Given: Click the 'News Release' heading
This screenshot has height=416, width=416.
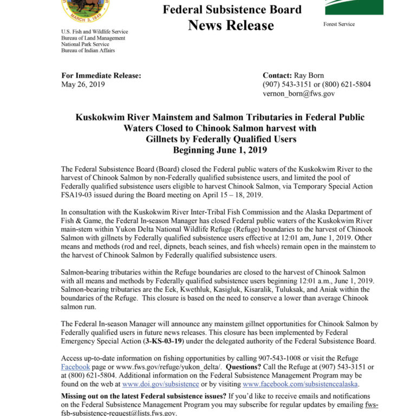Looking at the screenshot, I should pos(231,25).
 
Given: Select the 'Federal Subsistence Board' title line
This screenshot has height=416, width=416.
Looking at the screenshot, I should pos(232,9).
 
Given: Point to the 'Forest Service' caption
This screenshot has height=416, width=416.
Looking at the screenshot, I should pos(339,24).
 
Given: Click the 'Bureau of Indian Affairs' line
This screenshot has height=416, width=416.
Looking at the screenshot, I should pos(88,51).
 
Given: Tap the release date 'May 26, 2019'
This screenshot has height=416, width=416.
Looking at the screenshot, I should pos(83,84).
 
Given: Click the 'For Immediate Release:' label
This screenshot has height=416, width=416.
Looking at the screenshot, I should pos(101,76).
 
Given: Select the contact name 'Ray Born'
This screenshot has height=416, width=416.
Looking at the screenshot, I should pos(310,76).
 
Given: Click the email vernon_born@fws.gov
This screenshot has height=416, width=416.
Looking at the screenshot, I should pos(298,93).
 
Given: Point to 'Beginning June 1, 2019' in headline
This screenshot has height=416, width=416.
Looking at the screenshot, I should pos(220,149).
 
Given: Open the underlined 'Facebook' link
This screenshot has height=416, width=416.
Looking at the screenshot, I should pos(75,367).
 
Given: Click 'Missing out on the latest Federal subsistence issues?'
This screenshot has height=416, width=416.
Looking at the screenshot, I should pos(142,396).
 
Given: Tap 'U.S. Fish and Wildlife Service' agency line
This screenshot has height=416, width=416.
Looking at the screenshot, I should pos(95,32).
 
